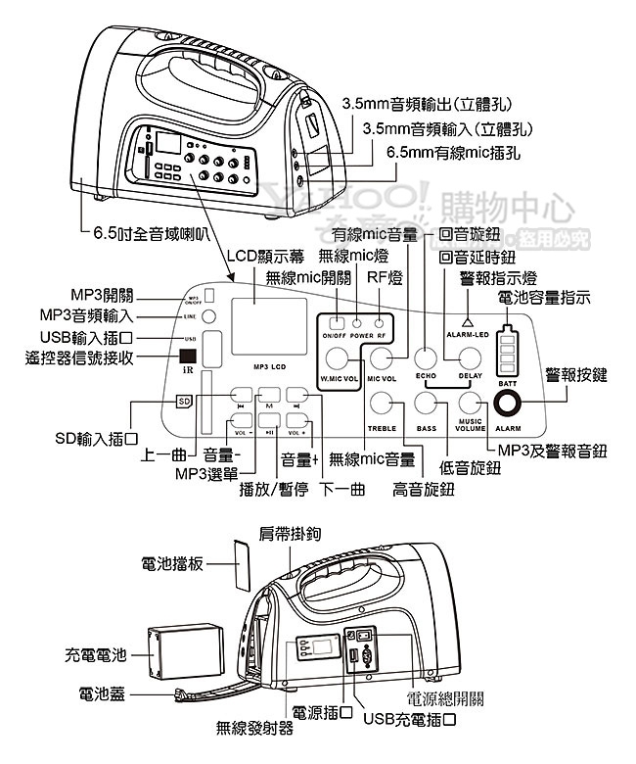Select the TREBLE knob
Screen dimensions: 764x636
[381, 404]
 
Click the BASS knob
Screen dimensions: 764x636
[426, 404]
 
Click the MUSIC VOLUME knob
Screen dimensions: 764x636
[471, 404]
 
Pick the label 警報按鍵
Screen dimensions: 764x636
[576, 375]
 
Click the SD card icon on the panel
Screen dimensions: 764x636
[184, 402]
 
